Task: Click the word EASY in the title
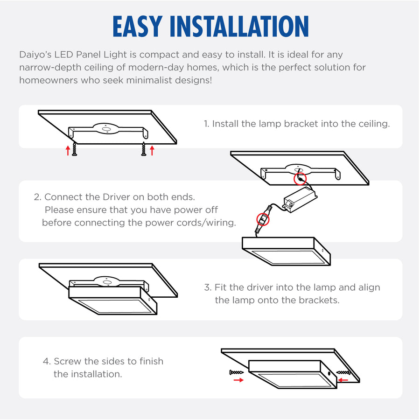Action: point(137,26)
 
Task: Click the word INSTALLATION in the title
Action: point(239,26)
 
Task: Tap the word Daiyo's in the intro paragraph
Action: point(35,55)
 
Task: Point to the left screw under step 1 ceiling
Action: point(75,149)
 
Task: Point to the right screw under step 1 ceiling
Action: point(144,149)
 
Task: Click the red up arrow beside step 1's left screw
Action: point(68,151)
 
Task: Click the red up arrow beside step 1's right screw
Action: point(152,151)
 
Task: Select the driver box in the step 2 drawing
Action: point(300,200)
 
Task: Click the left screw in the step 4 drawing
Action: point(237,372)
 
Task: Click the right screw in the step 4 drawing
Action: point(343,372)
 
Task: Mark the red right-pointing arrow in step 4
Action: point(238,380)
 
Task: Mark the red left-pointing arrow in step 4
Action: point(343,380)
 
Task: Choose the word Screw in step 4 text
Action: point(68,361)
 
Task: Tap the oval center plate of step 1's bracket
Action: point(106,129)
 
